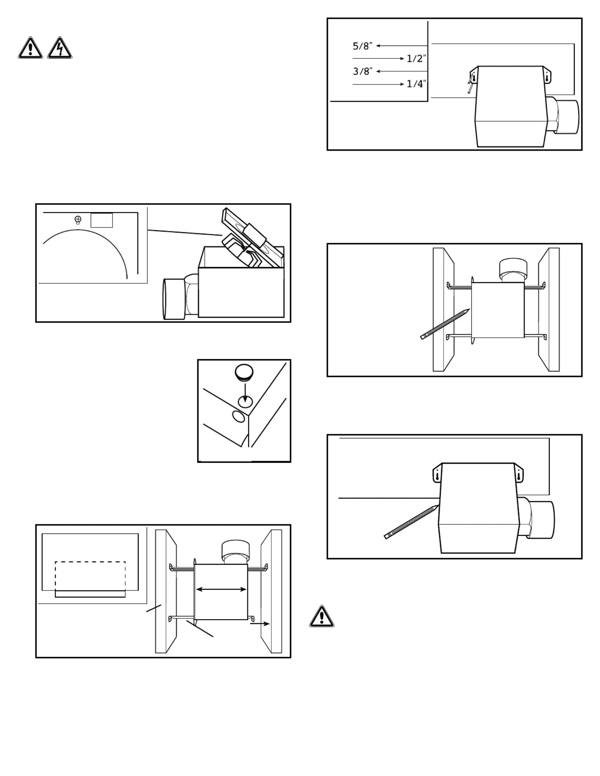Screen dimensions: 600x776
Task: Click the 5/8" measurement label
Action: (362, 46)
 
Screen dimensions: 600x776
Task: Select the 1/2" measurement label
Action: (416, 58)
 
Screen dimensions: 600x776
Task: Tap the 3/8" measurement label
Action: (362, 71)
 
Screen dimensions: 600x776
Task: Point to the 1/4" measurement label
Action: (416, 84)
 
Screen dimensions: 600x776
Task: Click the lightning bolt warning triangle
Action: (60, 48)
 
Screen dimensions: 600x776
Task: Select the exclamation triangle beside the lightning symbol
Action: (30, 48)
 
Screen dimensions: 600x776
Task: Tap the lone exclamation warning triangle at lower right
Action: (322, 616)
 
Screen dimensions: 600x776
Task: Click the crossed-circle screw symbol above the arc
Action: (78, 219)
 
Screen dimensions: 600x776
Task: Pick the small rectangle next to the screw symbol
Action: (101, 220)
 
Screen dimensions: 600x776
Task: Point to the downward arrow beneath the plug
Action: (245, 392)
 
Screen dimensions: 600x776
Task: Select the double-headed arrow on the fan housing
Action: (221, 589)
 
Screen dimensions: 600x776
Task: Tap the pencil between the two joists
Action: (445, 324)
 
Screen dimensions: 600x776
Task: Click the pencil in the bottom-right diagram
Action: (411, 522)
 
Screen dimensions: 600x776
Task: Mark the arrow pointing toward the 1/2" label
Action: (378, 58)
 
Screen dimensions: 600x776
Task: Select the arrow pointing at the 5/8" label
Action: (401, 46)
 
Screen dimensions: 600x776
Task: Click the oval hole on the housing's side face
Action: (238, 417)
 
